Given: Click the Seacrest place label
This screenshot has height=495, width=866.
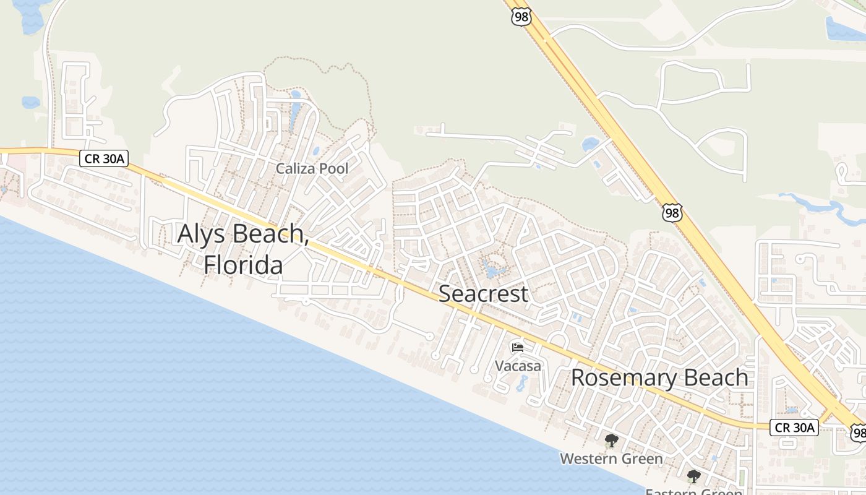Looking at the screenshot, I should click(483, 293).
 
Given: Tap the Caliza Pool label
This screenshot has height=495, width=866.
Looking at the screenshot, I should click(312, 168).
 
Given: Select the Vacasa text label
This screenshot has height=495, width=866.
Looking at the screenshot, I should click(518, 366).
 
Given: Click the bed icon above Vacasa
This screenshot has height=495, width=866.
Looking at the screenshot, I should click(518, 347).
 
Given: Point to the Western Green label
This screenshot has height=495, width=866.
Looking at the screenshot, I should click(611, 458).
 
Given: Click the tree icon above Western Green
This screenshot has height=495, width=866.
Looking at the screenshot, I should click(611, 441).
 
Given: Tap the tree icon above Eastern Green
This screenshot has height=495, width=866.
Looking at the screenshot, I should click(694, 476).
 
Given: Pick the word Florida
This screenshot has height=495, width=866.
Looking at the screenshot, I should click(243, 265).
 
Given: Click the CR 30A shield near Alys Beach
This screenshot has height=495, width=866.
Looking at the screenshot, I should click(104, 159).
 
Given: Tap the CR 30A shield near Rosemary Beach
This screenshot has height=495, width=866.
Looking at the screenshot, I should click(794, 427).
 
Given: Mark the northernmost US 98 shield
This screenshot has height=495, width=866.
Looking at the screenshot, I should click(521, 17).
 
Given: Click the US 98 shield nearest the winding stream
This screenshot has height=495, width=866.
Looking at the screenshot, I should click(671, 213).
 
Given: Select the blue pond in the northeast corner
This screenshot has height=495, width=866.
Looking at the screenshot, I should click(844, 28).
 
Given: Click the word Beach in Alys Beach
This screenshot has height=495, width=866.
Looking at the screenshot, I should click(269, 234).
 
